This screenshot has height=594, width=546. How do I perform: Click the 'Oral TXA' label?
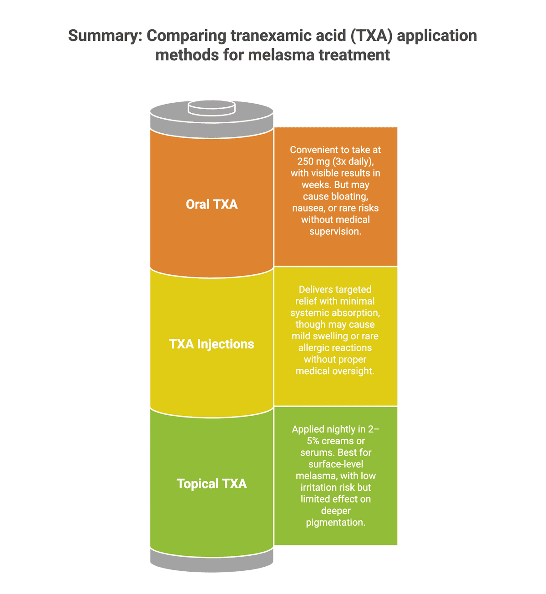[x=212, y=204]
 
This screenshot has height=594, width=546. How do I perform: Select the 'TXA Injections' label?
[x=212, y=344]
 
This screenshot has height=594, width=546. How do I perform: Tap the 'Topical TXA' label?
[x=212, y=483]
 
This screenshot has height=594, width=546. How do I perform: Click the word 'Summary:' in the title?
[x=105, y=35]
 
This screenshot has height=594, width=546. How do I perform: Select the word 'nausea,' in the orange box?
[x=308, y=208]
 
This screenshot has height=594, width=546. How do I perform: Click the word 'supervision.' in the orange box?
[x=335, y=232]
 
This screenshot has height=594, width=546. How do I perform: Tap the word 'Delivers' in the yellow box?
[x=316, y=290]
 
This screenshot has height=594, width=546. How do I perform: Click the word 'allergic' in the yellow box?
[x=315, y=348]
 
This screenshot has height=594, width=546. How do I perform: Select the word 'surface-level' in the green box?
[x=335, y=464]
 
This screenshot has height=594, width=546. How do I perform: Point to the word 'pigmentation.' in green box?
[x=335, y=523]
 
